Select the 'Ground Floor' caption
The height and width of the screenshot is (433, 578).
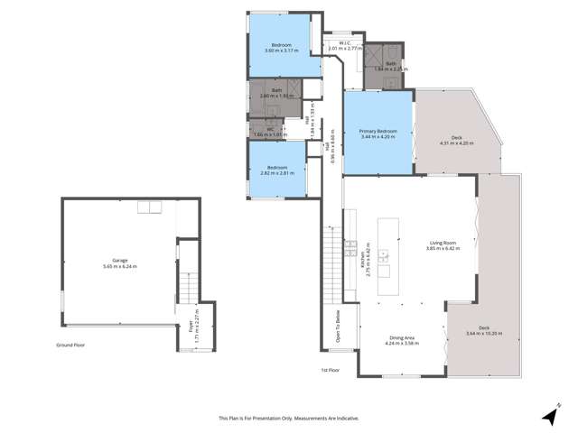[x=70, y=345]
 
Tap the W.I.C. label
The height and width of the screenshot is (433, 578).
[x=345, y=45]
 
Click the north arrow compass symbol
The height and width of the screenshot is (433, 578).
[x=549, y=416]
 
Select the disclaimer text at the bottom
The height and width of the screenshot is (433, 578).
[x=288, y=418]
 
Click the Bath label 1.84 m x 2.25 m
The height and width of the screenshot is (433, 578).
[x=391, y=65]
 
